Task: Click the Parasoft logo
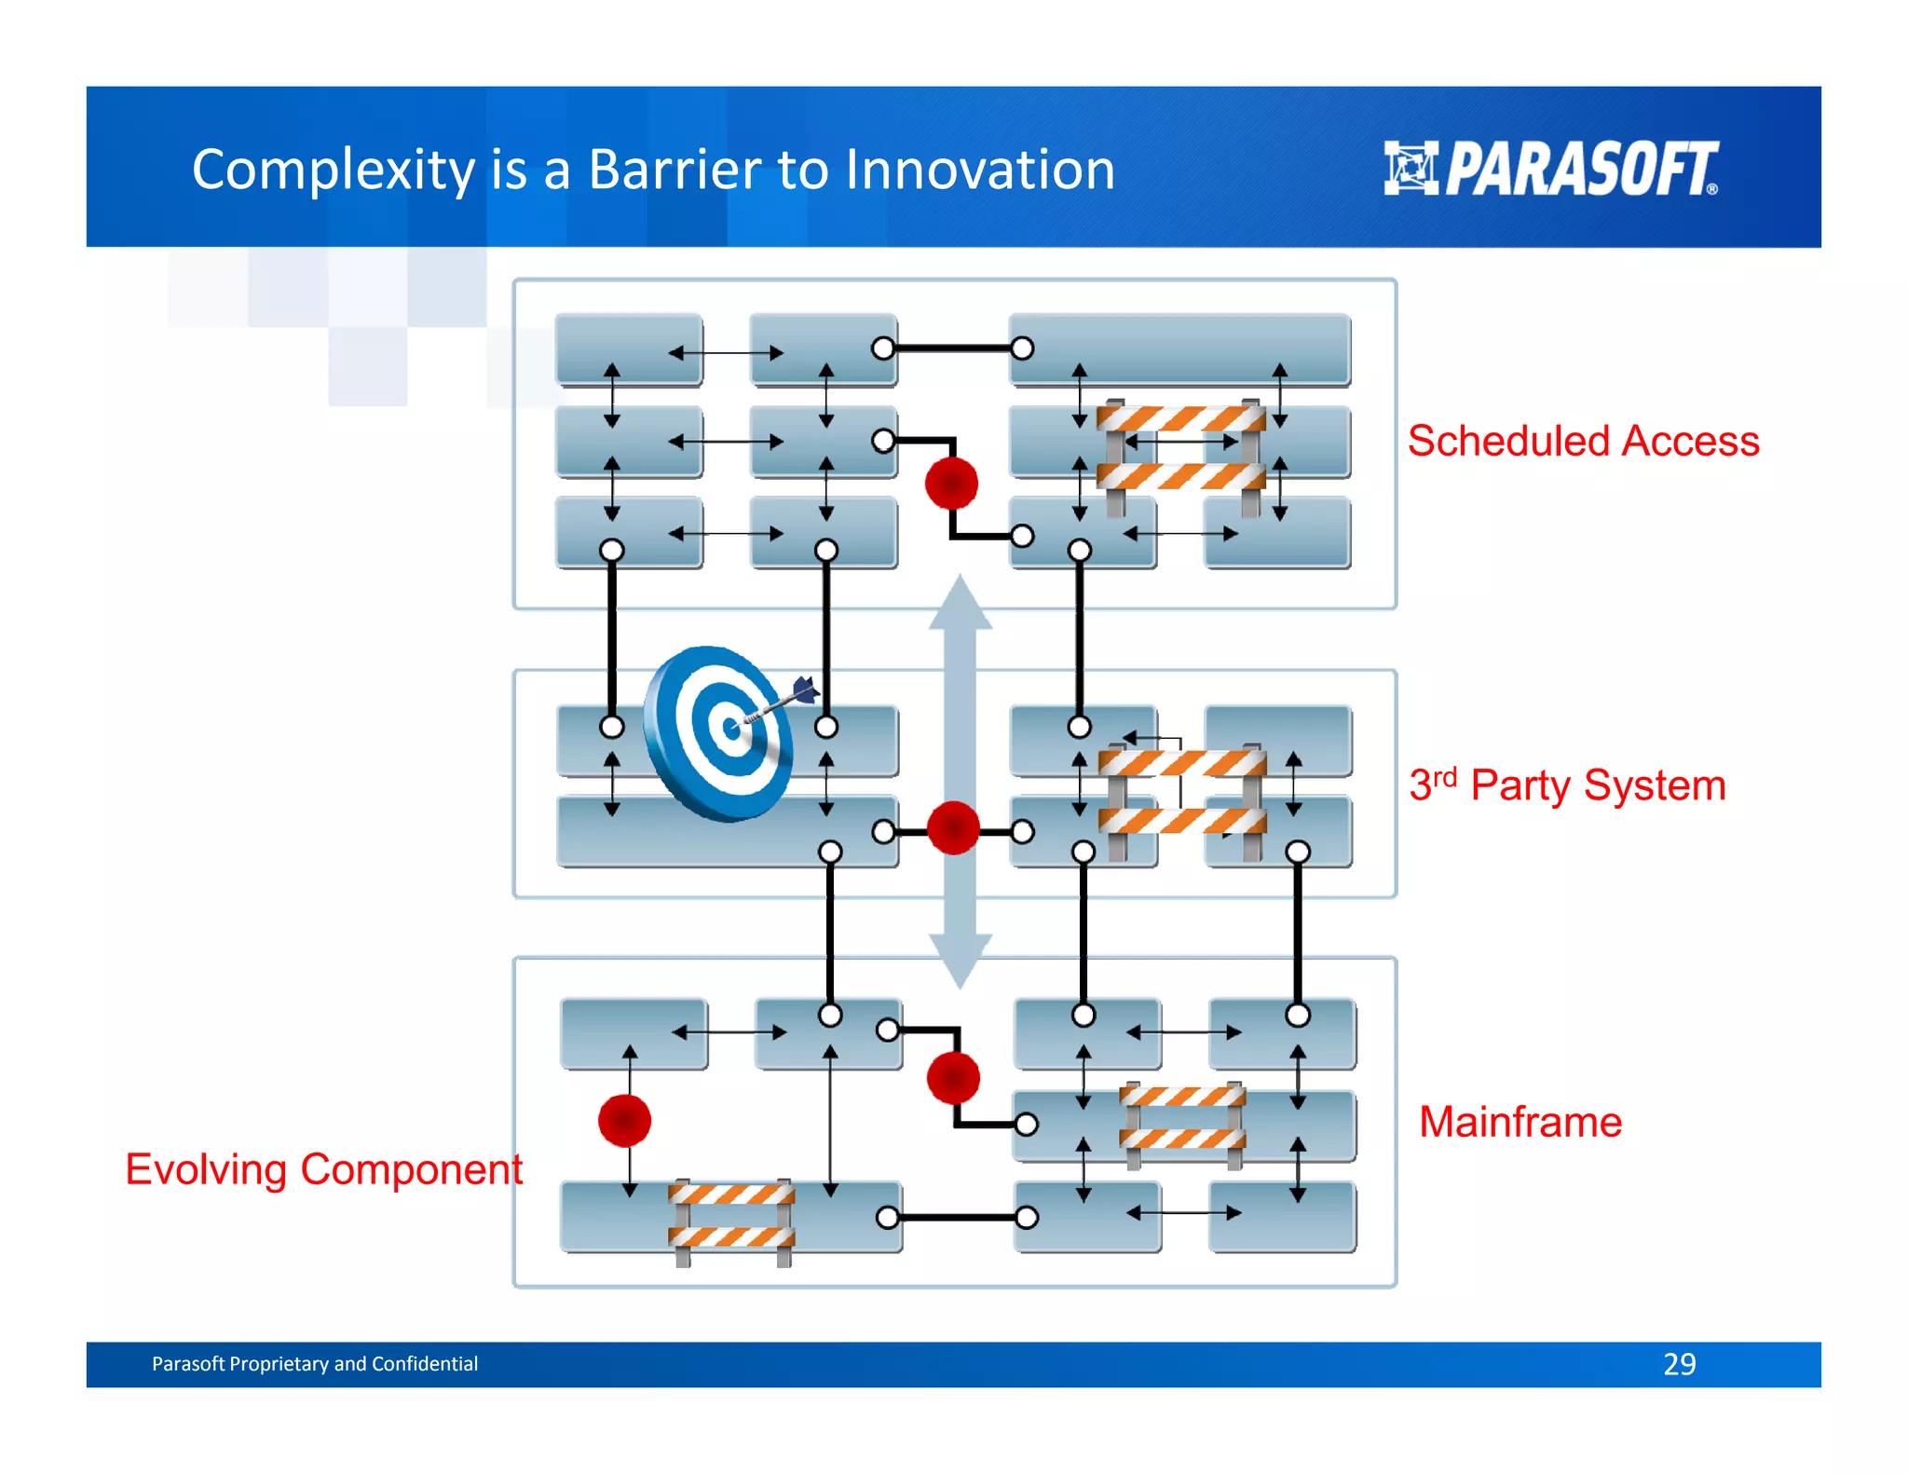pyautogui.click(x=1550, y=169)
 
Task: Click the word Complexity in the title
pyautogui.click(x=334, y=171)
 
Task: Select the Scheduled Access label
pyautogui.click(x=1583, y=441)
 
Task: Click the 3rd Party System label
pyautogui.click(x=1567, y=785)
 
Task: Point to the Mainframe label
pyautogui.click(x=1520, y=1122)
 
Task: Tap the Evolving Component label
pyautogui.click(x=323, y=1169)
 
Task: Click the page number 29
pyautogui.click(x=1679, y=1364)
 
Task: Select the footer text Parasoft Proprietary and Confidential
pyautogui.click(x=315, y=1364)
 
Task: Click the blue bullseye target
pyautogui.click(x=719, y=734)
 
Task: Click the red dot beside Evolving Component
pyautogui.click(x=624, y=1121)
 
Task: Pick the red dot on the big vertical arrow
pyautogui.click(x=953, y=828)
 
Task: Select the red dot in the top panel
pyautogui.click(x=951, y=484)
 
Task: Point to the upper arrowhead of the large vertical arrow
pyautogui.click(x=961, y=602)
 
